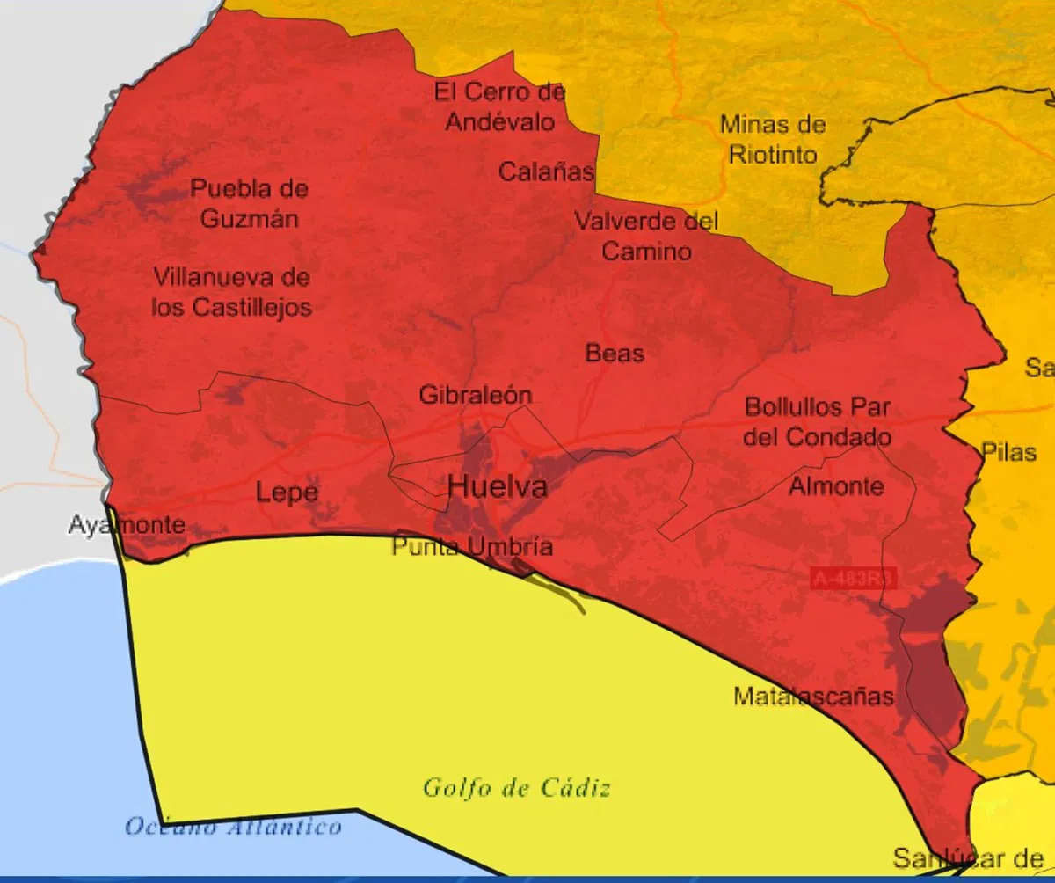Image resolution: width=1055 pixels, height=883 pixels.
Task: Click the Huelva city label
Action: click(498, 486)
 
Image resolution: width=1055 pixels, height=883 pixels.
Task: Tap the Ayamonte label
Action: click(127, 526)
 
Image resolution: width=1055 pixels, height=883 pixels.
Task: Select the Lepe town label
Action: click(287, 493)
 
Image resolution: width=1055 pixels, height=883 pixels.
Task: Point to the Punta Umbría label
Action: click(472, 547)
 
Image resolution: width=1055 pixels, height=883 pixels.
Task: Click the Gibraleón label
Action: click(475, 395)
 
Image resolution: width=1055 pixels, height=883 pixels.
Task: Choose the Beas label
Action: click(615, 354)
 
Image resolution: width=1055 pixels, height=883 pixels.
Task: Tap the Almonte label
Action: click(836, 485)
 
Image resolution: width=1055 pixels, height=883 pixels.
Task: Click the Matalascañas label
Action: click(813, 697)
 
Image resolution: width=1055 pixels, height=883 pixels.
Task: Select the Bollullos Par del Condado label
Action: click(818, 422)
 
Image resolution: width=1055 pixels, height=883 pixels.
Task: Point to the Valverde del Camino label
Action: click(646, 236)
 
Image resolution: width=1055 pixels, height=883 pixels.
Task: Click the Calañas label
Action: click(546, 171)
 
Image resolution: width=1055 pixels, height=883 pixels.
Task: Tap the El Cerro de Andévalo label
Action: click(500, 106)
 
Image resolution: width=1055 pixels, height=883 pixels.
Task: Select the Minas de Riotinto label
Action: click(773, 140)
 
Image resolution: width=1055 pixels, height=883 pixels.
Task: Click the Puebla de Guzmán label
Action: click(250, 203)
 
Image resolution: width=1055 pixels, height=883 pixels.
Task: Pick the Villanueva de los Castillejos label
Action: click(231, 292)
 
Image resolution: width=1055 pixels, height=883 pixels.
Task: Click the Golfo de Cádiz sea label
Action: click(516, 788)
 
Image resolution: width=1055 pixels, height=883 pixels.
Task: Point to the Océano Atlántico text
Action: click(233, 827)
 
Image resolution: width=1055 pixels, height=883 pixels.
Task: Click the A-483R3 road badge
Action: click(853, 578)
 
